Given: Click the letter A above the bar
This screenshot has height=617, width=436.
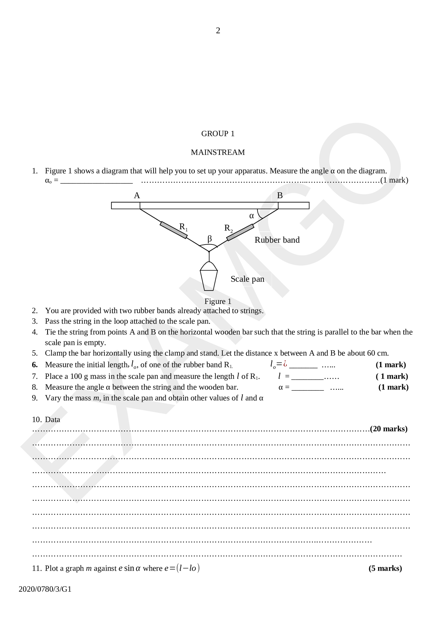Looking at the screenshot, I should (137, 195).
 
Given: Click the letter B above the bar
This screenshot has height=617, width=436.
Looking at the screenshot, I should (280, 195).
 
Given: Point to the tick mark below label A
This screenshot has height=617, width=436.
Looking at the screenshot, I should (140, 206).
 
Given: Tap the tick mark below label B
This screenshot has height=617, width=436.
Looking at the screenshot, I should (278, 206).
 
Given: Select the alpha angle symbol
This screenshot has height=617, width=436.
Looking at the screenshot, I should (252, 216).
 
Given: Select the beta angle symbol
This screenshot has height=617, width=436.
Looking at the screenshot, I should (210, 239).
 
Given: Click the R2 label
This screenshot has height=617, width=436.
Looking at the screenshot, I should (228, 228).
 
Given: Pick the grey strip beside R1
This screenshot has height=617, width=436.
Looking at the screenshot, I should (174, 230).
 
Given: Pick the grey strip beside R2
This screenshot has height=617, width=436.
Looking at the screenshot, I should (240, 233).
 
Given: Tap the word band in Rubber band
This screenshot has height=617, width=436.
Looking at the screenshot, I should (291, 240).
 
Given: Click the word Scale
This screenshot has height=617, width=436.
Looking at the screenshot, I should (240, 279).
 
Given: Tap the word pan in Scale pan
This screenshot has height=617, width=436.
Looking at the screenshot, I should (258, 279).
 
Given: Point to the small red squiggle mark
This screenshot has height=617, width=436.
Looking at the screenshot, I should (285, 364).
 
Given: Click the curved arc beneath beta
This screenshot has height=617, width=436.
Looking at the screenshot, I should (209, 247).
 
